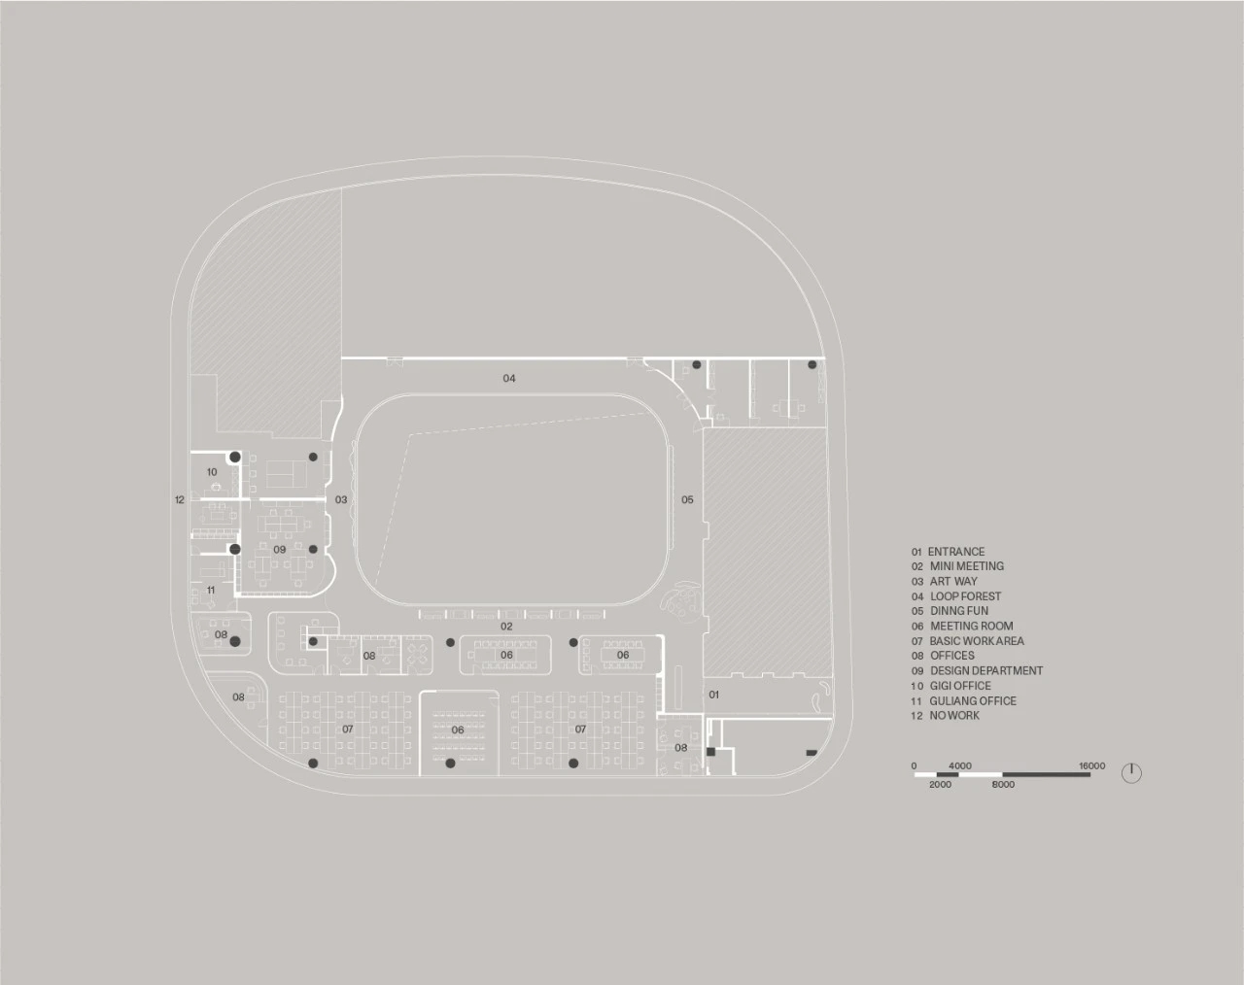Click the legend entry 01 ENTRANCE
coord(948,552)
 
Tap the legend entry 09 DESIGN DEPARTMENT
coord(977,671)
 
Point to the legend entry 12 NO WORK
coord(945,716)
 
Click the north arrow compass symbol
coord(1131,773)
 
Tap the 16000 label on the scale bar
coord(1091,766)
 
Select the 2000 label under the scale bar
coord(940,784)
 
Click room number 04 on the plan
coord(509,378)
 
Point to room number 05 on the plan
coord(687,500)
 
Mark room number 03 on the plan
coord(341,500)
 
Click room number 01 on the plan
coord(713,695)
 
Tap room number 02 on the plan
coord(506,627)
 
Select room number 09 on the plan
coord(280,550)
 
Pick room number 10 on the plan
coord(212,472)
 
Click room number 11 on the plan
coord(210,591)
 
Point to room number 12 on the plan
coord(179,500)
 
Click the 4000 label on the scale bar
coord(959,766)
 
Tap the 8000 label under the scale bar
coord(1004,784)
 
